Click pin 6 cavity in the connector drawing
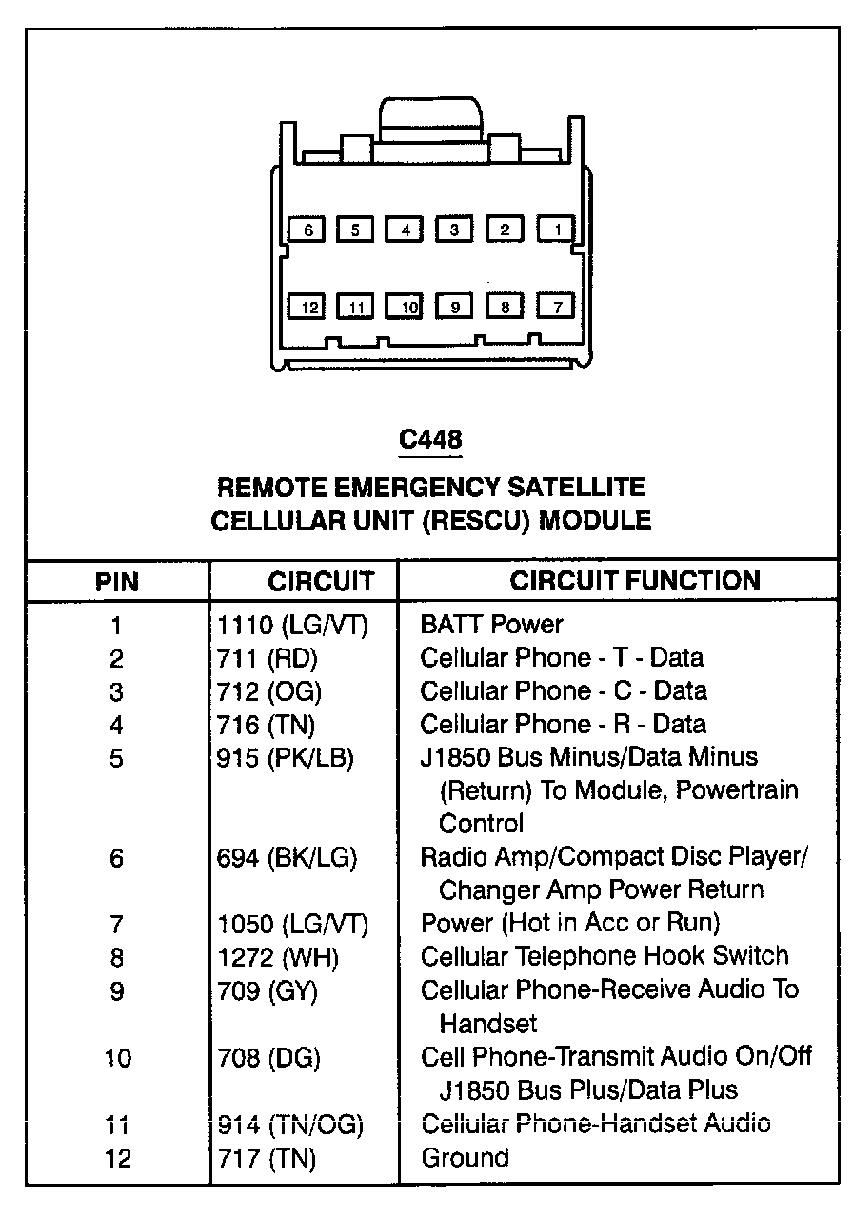[x=308, y=230]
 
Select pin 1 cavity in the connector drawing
[x=557, y=229]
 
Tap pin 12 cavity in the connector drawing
[x=308, y=307]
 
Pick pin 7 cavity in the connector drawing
[x=557, y=306]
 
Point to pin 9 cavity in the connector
[x=455, y=307]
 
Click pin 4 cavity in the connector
[x=405, y=230]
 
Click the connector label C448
[x=430, y=439]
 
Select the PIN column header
[x=116, y=581]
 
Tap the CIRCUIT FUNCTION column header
[x=635, y=580]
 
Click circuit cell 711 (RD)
[x=268, y=658]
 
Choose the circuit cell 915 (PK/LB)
[x=286, y=758]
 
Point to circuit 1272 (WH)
[x=278, y=957]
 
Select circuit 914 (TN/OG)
[x=290, y=1125]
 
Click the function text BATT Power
[x=491, y=625]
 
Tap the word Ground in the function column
[x=465, y=1158]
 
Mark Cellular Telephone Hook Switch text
[x=605, y=956]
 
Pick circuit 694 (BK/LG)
[x=287, y=858]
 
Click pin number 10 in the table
[x=117, y=1058]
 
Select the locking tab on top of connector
[x=430, y=118]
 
